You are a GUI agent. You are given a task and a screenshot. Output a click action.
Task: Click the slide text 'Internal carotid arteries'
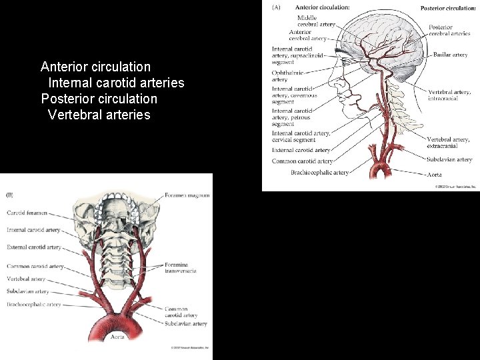[116, 83]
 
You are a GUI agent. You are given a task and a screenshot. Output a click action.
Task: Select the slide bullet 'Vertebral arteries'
[99, 115]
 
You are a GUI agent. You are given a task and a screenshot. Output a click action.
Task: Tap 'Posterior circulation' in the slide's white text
[99, 99]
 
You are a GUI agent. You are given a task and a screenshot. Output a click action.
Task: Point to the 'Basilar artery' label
[450, 55]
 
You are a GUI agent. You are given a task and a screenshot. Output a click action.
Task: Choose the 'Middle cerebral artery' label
[316, 21]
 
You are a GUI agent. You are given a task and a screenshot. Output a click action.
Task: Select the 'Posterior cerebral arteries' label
[449, 30]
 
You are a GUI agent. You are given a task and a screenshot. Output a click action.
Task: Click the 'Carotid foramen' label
[27, 213]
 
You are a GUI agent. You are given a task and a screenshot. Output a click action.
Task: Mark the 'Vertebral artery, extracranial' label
[448, 143]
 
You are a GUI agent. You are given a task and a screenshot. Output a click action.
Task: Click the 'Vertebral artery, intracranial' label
[449, 95]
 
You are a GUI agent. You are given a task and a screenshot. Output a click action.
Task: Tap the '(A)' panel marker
[277, 7]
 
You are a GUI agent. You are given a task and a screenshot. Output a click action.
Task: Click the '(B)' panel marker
[10, 195]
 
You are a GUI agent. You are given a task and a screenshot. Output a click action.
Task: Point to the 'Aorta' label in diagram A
[434, 174]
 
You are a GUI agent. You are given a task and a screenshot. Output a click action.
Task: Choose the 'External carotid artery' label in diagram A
[301, 151]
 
